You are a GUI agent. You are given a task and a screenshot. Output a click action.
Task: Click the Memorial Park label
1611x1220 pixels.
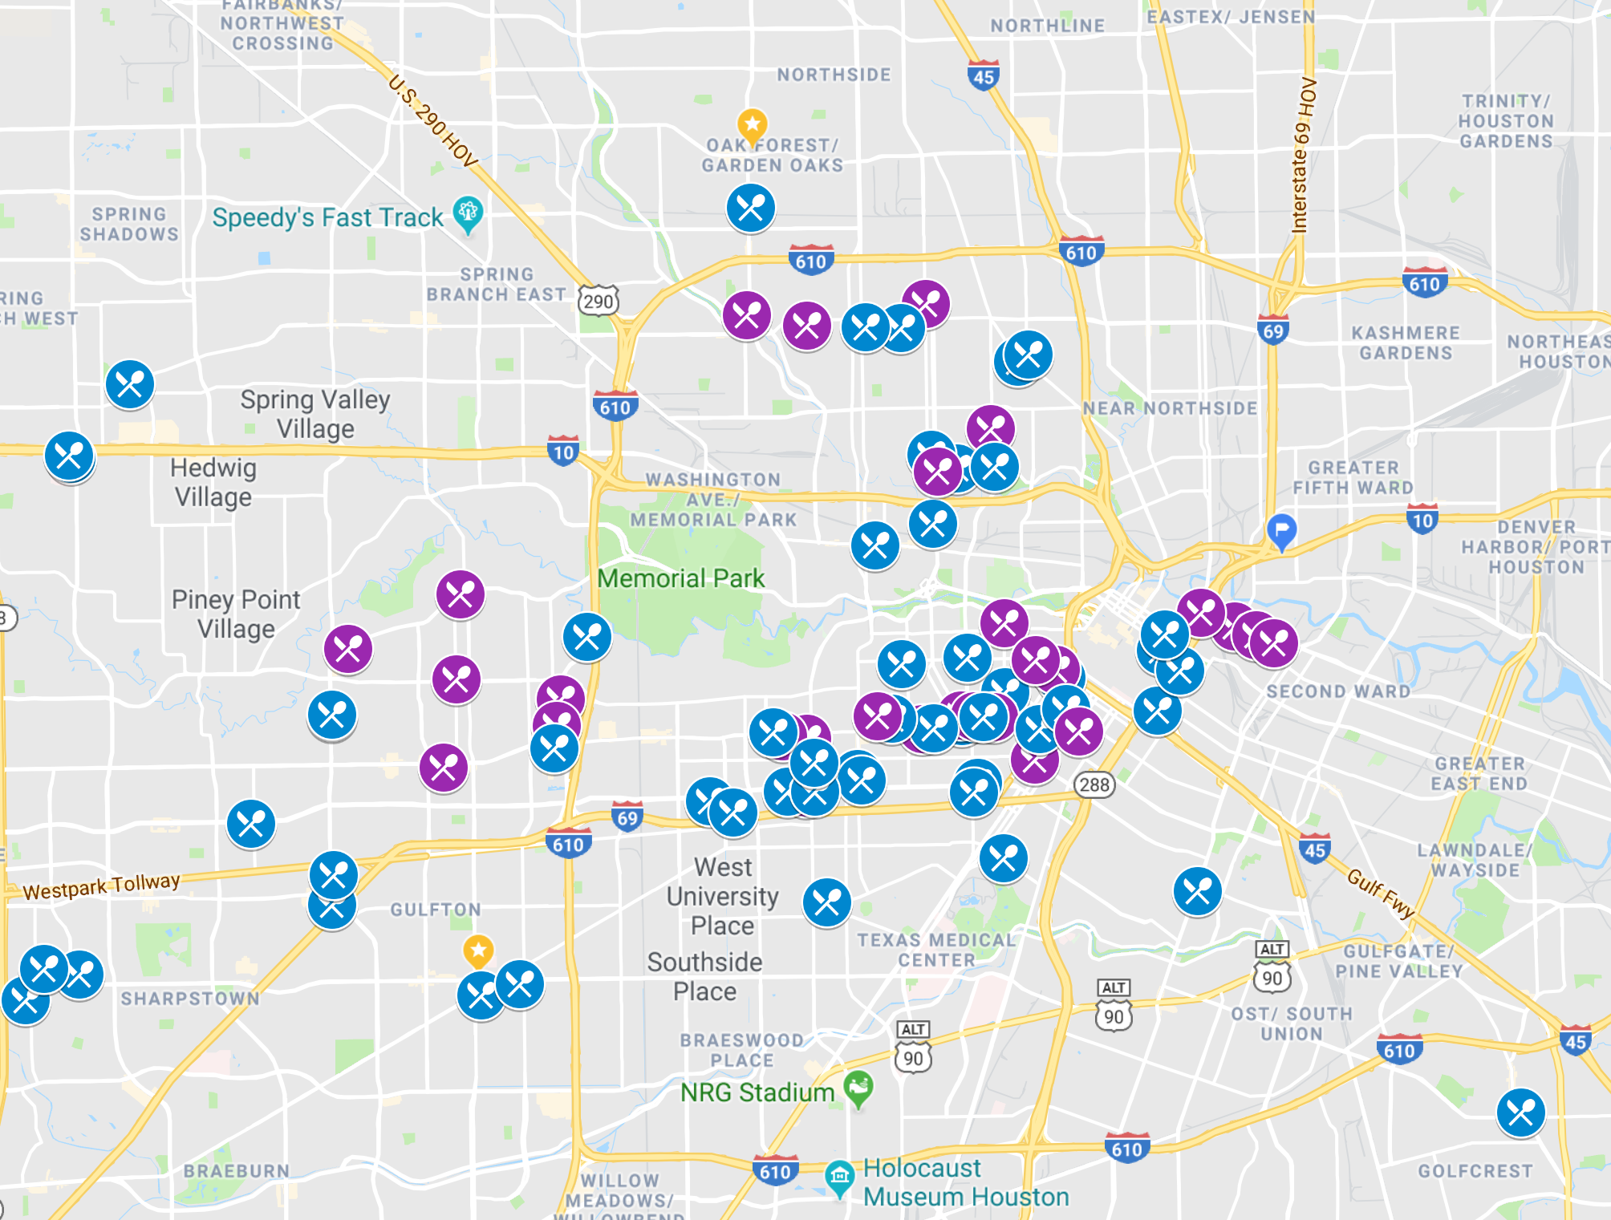[x=680, y=578]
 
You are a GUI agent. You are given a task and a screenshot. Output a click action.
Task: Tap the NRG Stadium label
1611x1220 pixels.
[x=757, y=1092]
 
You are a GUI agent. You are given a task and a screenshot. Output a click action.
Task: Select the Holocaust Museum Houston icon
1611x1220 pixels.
[x=839, y=1177]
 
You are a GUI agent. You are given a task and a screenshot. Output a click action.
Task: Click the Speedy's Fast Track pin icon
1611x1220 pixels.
[x=468, y=213]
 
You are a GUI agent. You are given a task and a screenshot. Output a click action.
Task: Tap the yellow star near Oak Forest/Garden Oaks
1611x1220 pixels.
[x=752, y=125]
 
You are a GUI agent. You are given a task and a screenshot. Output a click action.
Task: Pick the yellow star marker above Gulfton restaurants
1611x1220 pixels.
[x=478, y=951]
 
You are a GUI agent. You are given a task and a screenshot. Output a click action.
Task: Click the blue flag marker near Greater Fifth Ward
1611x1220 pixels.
[x=1281, y=530]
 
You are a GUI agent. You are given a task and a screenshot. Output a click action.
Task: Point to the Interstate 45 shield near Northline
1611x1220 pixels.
[x=983, y=75]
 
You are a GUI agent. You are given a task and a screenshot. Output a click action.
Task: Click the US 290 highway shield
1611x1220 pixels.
[x=599, y=301]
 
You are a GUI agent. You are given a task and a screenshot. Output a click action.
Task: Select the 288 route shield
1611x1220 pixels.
[x=1094, y=784]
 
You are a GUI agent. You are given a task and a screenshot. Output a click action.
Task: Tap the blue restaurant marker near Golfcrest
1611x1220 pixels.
[x=1520, y=1113]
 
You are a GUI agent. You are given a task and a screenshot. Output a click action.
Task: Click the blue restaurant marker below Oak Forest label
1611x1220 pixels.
[x=751, y=209]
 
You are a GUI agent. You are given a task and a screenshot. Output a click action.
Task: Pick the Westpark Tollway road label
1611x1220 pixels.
[x=102, y=886]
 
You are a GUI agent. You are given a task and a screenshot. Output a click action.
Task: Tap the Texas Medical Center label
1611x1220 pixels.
[x=935, y=950]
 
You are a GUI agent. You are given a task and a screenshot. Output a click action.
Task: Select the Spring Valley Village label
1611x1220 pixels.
[x=315, y=414]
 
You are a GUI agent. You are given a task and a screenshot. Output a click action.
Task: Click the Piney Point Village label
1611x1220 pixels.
[x=236, y=614]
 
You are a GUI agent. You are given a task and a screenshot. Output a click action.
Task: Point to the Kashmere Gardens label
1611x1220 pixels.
[x=1405, y=342]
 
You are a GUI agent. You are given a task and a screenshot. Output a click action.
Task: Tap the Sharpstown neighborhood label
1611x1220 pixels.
[x=190, y=999]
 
